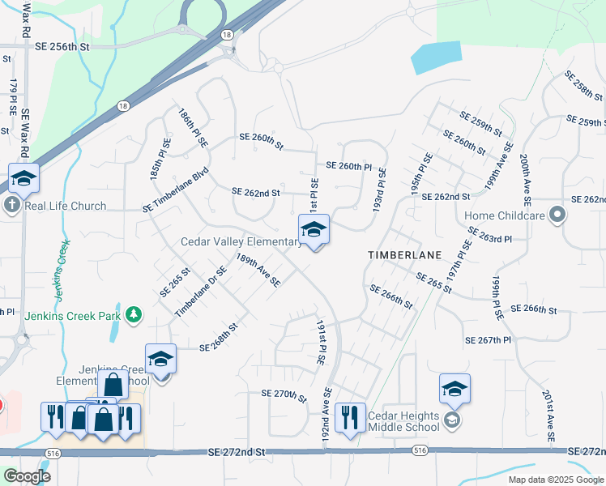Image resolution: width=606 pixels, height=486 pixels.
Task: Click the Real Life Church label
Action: pyautogui.click(x=66, y=206)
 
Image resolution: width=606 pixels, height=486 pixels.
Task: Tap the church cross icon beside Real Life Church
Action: pyautogui.click(x=12, y=205)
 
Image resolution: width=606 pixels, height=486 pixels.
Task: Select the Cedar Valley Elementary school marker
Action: pyautogui.click(x=314, y=231)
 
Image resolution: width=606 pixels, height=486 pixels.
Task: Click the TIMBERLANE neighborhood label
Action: pyautogui.click(x=404, y=254)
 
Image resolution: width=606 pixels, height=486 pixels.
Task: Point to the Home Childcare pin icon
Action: pyautogui.click(x=557, y=215)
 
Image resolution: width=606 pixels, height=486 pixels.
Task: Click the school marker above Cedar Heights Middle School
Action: pyautogui.click(x=454, y=390)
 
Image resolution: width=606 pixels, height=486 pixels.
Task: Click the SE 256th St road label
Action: pyautogui.click(x=61, y=47)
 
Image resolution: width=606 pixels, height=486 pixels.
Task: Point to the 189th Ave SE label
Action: pyautogui.click(x=258, y=270)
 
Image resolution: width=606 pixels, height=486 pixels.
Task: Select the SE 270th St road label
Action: pyautogui.click(x=284, y=394)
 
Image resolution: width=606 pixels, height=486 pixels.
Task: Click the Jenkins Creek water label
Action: pyautogui.click(x=63, y=265)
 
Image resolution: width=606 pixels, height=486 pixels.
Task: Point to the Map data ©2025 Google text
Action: pyautogui.click(x=555, y=480)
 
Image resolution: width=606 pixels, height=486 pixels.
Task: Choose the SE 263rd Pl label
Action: pyautogui.click(x=490, y=236)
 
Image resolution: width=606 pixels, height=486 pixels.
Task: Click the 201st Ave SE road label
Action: pyautogui.click(x=548, y=416)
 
